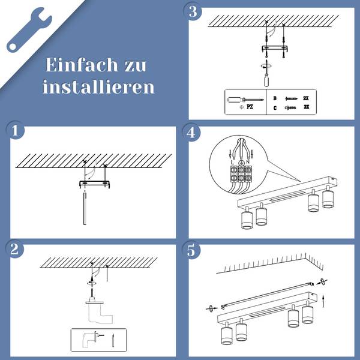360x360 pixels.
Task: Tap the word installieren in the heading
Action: pos(98,87)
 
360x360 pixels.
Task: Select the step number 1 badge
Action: pos(15,130)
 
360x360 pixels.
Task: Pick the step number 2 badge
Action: pos(14,249)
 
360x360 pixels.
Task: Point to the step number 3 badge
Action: pos(193,11)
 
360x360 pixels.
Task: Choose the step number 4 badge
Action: pos(191,133)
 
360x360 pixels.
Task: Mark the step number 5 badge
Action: pos(191,250)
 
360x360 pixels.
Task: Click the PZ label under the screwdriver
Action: pos(250,107)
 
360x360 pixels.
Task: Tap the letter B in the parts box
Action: pos(275,98)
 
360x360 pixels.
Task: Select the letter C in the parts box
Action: pos(275,108)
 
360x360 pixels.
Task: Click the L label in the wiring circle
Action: pos(233,163)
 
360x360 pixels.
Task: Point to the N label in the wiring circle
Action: pos(248,162)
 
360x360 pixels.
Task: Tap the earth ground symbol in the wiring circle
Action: pos(241,163)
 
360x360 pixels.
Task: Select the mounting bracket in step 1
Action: pos(95,184)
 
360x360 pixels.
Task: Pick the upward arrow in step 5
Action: pos(323,301)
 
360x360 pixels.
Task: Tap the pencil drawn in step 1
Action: pos(85,208)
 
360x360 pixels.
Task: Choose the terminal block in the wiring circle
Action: pos(241,174)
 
